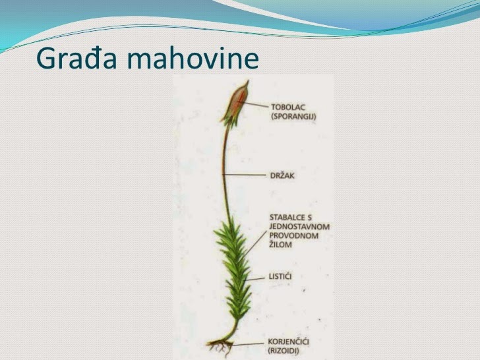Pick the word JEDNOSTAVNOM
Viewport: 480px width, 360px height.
click(300, 226)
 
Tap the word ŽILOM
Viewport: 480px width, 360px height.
click(281, 245)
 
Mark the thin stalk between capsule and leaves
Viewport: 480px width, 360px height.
click(225, 171)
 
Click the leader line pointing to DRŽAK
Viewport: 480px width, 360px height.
click(245, 174)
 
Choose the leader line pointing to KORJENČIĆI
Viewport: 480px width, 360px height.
click(247, 343)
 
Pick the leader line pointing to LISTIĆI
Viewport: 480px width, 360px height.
click(257, 276)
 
